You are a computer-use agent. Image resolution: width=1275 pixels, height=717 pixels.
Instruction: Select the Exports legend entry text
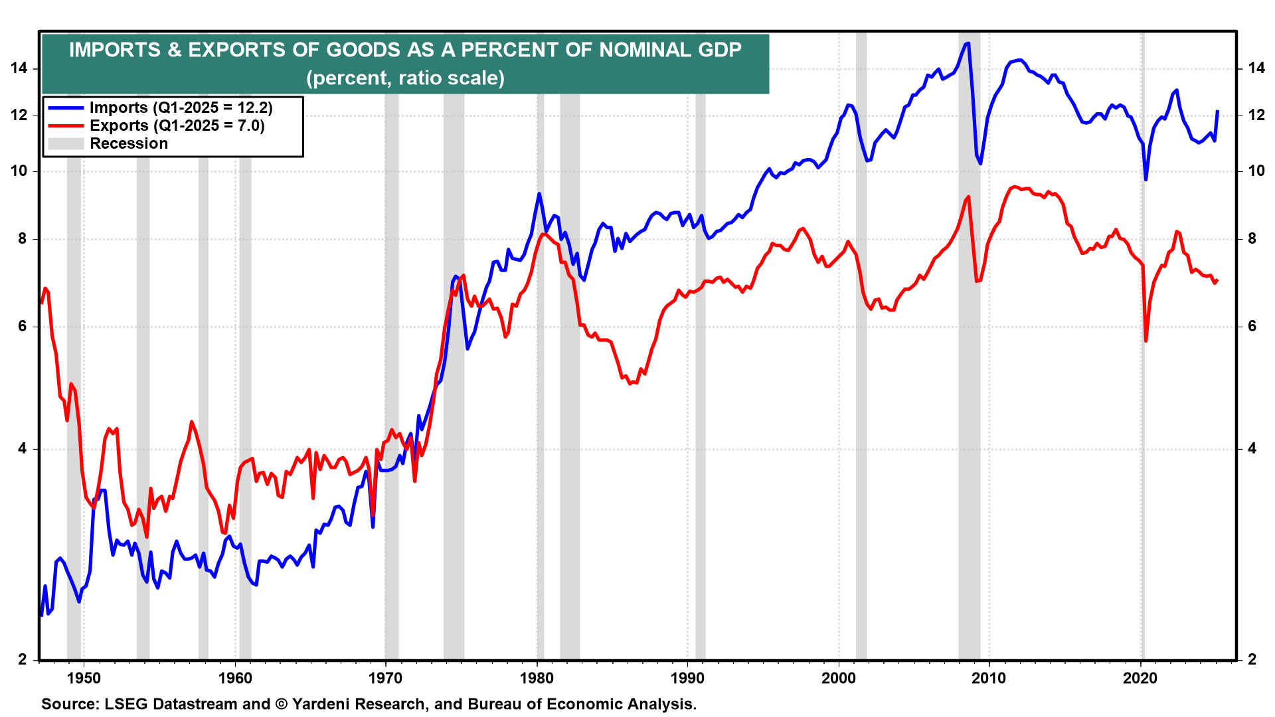coord(177,125)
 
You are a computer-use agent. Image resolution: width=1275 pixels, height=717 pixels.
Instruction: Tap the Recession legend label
coord(129,143)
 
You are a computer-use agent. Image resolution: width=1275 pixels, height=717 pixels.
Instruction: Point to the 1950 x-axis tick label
coord(84,678)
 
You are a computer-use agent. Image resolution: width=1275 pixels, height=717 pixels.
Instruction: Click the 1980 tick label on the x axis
coord(537,678)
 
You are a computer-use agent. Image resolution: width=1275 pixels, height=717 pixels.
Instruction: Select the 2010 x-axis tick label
coord(989,678)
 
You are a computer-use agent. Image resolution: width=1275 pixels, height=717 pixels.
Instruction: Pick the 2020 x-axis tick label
coord(1140,678)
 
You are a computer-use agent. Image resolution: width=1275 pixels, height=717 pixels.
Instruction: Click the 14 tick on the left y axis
coord(19,68)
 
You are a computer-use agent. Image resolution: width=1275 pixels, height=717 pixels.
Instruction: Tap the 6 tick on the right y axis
coord(1252,326)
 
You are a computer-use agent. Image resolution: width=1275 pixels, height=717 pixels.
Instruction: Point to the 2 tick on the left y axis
coord(23,659)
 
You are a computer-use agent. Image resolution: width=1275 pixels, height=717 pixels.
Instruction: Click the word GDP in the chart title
coord(719,50)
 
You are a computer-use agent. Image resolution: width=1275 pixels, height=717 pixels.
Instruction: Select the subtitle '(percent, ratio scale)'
coord(405,78)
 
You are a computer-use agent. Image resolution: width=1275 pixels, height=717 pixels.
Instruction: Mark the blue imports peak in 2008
coord(968,43)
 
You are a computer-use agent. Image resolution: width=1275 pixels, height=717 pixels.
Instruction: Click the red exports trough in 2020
coord(1146,341)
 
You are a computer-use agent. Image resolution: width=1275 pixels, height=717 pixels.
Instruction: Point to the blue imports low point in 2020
coord(1146,179)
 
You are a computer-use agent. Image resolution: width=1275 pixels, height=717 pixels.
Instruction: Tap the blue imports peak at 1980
coord(539,194)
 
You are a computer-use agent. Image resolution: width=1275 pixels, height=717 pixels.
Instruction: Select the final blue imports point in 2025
coord(1217,111)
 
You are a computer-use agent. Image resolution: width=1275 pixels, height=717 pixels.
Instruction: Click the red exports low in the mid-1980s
coord(630,384)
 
